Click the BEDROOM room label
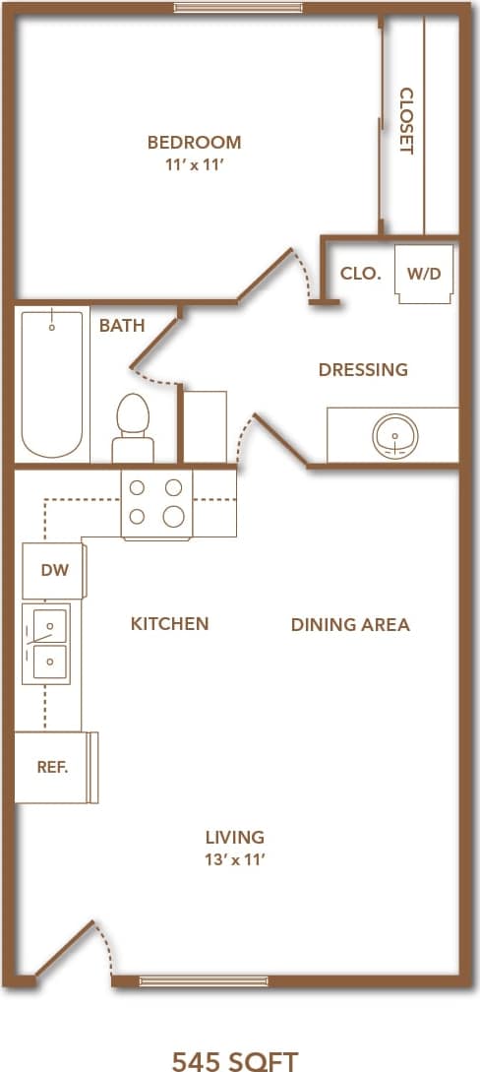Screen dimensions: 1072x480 click(194, 143)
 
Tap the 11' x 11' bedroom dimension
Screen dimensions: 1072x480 click(194, 167)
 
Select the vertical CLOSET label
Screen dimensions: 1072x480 click(405, 121)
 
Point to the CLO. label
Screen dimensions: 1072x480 click(360, 274)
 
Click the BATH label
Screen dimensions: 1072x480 click(122, 325)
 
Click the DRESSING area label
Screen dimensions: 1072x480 click(363, 370)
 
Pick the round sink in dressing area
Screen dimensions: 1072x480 click(395, 434)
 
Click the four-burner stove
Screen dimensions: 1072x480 click(156, 503)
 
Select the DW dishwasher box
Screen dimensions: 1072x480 click(52, 570)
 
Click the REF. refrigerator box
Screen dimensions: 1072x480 click(52, 768)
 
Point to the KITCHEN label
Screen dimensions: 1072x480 click(169, 623)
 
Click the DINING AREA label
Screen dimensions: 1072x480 click(350, 624)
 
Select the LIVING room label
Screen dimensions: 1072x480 click(234, 837)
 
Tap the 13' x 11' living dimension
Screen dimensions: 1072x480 click(234, 859)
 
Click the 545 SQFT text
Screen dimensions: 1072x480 click(234, 1060)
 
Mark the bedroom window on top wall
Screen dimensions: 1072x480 click(239, 8)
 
